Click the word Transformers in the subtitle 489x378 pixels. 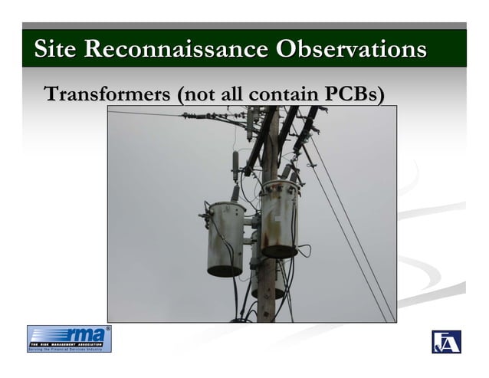(107, 95)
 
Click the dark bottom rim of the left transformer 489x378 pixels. (224, 270)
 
